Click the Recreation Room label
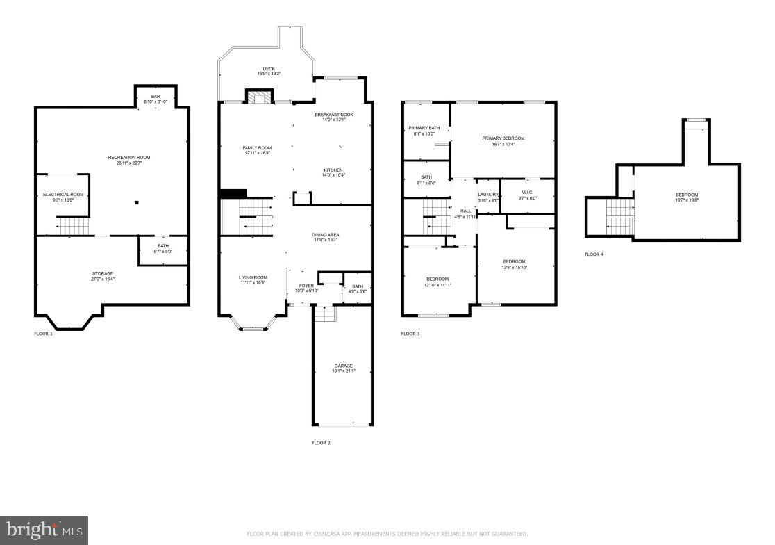click(129, 158)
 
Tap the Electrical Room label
click(63, 195)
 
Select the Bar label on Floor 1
click(155, 97)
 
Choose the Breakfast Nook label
click(333, 115)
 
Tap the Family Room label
click(257, 148)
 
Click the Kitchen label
click(333, 170)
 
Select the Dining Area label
click(325, 235)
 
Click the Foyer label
click(307, 286)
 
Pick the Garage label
click(343, 366)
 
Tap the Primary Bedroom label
click(503, 138)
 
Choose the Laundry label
click(488, 195)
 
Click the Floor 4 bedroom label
click(687, 195)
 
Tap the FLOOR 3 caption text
click(410, 334)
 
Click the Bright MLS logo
click(44, 530)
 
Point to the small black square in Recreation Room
click(137, 202)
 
